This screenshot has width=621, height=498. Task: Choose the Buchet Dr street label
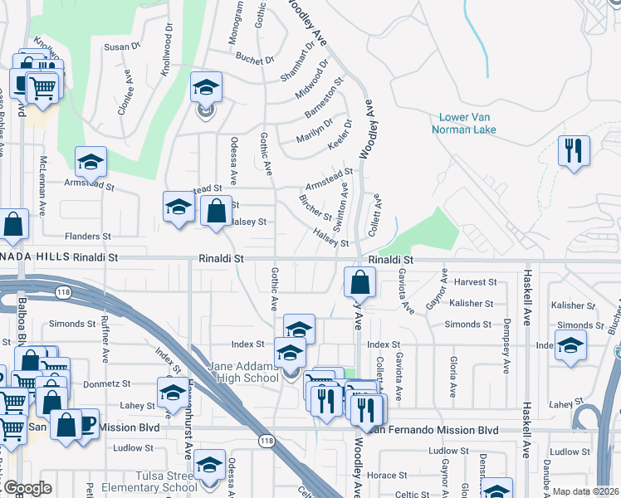(x=254, y=60)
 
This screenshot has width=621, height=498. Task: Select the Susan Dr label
(x=122, y=47)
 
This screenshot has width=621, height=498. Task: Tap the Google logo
(x=27, y=488)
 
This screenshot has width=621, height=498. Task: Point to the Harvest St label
(x=475, y=283)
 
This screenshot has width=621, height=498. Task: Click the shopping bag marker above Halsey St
(x=216, y=212)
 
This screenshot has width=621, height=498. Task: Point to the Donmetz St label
(x=112, y=384)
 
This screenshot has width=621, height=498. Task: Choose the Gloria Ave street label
(x=453, y=376)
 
